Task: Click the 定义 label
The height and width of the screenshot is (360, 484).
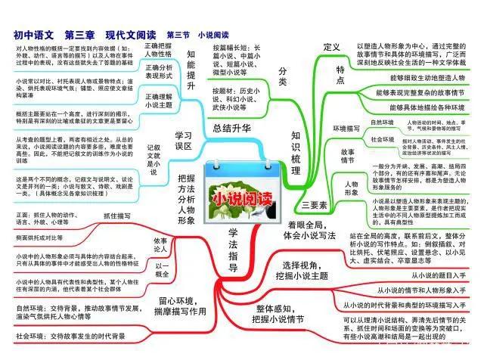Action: (x=331, y=47)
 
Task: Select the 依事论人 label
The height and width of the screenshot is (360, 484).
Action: (x=160, y=244)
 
